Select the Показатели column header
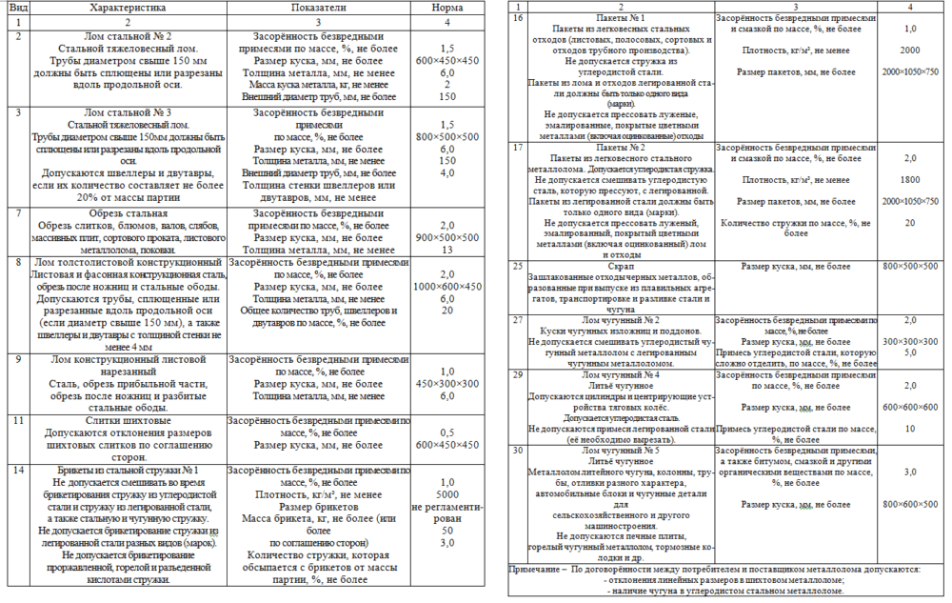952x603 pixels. click(318, 7)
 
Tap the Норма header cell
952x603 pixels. click(446, 7)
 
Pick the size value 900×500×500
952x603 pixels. click(446, 237)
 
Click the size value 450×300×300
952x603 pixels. click(446, 384)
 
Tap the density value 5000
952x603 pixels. click(446, 494)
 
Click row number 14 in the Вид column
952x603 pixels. click(19, 470)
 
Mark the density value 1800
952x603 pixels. click(909, 179)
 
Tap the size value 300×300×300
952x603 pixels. click(909, 341)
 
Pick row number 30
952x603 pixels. click(519, 450)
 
